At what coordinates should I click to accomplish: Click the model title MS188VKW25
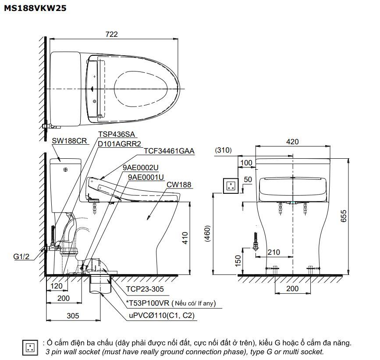pyautogui.click(x=35, y=7)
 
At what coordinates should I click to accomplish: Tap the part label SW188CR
pyautogui.click(x=70, y=141)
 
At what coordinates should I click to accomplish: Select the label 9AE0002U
pyautogui.click(x=141, y=168)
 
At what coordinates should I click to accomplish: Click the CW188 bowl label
pyautogui.click(x=178, y=185)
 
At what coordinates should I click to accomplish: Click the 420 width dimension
pyautogui.click(x=292, y=142)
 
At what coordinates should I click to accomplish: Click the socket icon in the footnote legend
pyautogui.click(x=30, y=347)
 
